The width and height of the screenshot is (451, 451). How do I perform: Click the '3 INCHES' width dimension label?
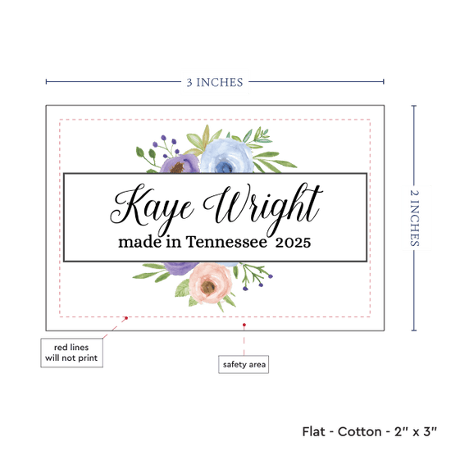215,82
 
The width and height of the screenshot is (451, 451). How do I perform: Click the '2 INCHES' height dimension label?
414,218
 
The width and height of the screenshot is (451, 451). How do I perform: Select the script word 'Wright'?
263,209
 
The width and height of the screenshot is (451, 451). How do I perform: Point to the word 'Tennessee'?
226,242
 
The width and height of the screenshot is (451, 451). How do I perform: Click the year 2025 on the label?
293,243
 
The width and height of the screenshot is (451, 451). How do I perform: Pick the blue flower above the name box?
226,156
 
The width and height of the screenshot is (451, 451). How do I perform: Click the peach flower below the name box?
210,284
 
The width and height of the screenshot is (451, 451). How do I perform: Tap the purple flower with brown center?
180,164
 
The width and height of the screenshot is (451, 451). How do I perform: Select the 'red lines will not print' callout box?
71,353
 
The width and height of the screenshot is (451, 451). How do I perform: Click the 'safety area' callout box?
244,364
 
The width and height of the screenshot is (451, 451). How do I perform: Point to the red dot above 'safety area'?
244,325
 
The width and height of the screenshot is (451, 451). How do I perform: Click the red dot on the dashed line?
126,318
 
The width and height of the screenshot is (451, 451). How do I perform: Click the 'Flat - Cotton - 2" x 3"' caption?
369,431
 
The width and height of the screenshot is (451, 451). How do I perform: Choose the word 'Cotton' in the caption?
359,431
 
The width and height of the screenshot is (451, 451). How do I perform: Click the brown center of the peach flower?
208,286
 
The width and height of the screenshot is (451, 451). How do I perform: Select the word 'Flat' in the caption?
313,431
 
